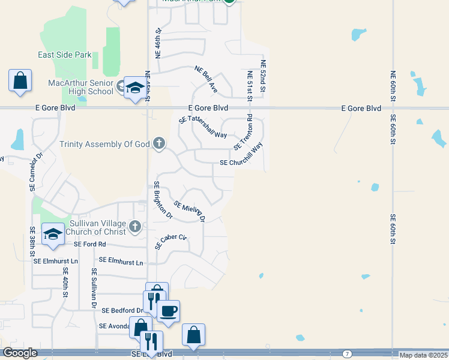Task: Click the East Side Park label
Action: coord(64,55)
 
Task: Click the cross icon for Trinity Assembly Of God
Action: coord(159,143)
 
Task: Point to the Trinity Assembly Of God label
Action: coord(105,144)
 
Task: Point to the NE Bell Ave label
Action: coord(206,79)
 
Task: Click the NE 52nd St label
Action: coord(263,76)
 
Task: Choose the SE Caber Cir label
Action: coord(171,241)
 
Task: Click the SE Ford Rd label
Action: coord(89,244)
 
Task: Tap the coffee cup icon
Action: coord(168,311)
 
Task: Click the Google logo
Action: coord(20,353)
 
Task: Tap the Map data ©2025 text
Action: coord(423,355)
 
